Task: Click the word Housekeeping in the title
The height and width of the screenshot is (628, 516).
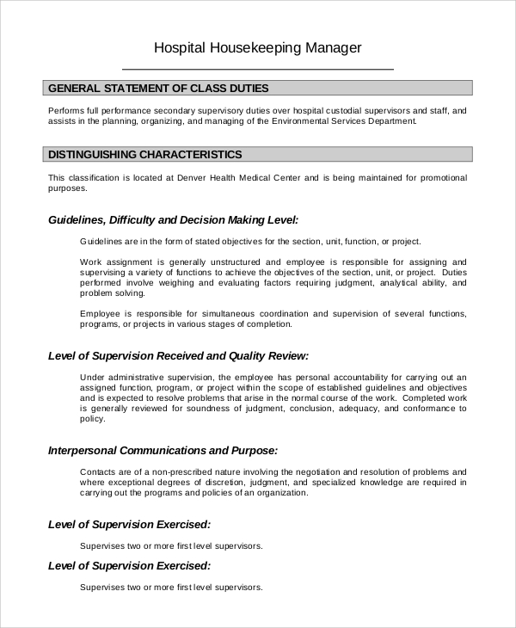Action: pos(253,48)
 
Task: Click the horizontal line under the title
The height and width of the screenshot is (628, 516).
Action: pos(258,68)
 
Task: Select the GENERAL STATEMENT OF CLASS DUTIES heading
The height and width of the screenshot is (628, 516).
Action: pos(158,88)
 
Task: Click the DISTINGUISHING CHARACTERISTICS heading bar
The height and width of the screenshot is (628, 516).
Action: pos(144,154)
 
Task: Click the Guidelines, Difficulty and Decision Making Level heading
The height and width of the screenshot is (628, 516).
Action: pos(173,219)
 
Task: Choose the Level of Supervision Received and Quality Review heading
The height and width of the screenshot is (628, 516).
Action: pos(178,355)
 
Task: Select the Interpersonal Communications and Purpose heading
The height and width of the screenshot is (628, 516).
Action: pos(163,450)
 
